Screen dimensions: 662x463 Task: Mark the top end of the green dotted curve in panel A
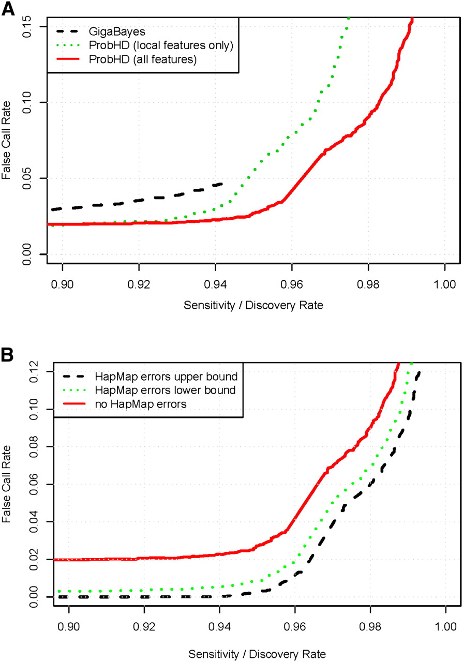click(x=349, y=18)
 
